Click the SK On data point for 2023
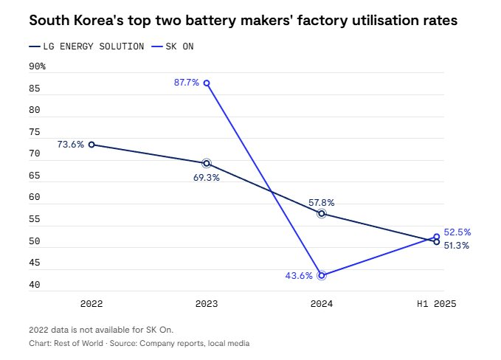click(207, 83)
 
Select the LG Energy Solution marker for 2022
click(91, 145)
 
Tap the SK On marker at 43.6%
click(322, 275)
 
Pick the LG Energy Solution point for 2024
click(322, 213)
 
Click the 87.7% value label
click(187, 83)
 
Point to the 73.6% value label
click(71, 145)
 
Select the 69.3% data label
click(206, 178)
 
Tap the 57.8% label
click(322, 201)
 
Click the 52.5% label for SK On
click(457, 232)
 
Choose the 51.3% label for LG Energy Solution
click(457, 246)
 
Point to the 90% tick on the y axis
click(37, 66)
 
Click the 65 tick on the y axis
click(35, 176)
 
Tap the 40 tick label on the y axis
click(35, 285)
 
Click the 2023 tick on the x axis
click(206, 304)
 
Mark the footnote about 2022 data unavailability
click(101, 330)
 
